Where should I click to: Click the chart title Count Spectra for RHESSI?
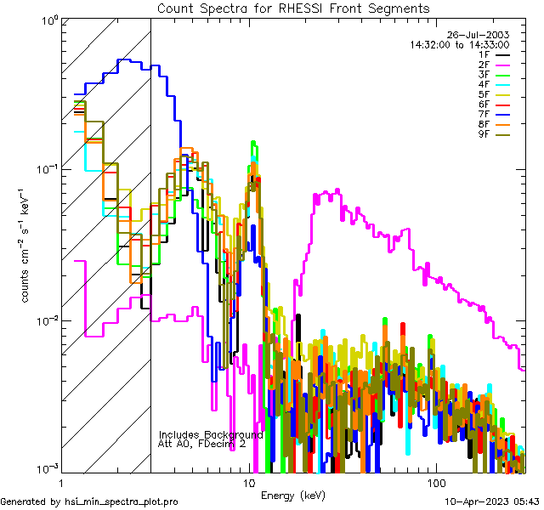pos(293,8)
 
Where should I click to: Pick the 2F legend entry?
pos(484,64)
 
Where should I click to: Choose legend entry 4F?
pos(484,84)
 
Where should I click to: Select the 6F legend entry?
pos(484,104)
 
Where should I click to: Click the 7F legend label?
pos(484,114)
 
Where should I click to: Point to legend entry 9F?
pos(484,133)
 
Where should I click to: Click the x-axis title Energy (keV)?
pos(293,495)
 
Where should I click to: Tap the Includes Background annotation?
pos(210,434)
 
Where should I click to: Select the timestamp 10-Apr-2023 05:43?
pos(492,501)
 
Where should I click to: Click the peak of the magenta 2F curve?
pos(337,190)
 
